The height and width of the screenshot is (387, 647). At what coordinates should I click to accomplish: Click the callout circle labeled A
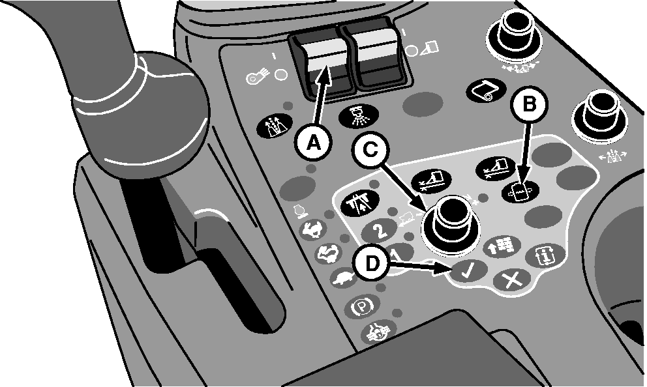314,144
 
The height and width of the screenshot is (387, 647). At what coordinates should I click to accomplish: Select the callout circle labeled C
371,150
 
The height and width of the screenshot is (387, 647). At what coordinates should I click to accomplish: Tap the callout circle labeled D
372,264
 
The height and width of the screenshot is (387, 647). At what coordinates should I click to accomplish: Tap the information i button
545,255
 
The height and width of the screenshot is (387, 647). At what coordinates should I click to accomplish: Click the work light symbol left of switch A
258,77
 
